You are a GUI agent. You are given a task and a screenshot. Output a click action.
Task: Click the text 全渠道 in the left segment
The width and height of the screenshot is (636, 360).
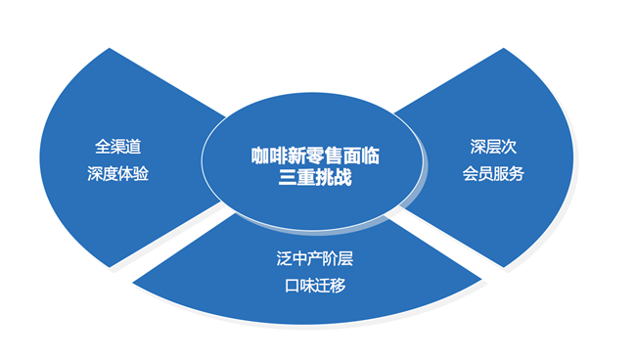tap(116, 147)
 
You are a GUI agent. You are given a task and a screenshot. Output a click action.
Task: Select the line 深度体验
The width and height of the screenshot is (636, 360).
tap(116, 174)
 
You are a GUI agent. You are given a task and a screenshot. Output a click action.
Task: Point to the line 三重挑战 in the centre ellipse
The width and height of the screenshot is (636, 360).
tap(314, 179)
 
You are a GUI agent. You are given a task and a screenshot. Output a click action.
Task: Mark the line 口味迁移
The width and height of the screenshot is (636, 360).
tap(308, 286)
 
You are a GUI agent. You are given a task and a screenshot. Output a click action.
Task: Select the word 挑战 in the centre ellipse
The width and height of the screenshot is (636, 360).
tap(332, 179)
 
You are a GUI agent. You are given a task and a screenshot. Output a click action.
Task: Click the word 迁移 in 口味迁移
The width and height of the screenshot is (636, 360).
tap(325, 286)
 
